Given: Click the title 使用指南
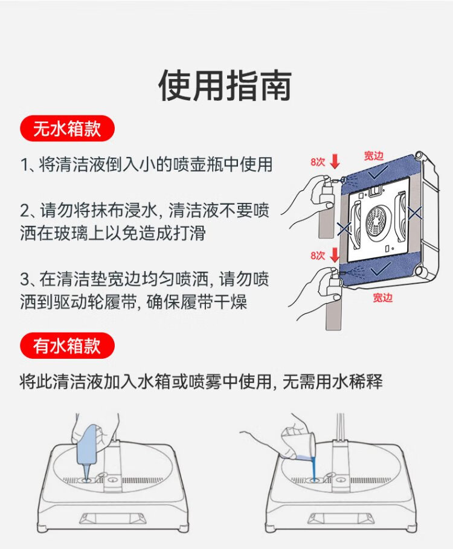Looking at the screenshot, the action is coord(225,85).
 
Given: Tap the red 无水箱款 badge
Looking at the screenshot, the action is coord(67,129).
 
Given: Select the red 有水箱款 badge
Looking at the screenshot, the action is coord(67,346).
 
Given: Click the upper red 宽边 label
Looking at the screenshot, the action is coord(374,156).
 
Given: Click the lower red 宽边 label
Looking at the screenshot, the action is coord(383,298).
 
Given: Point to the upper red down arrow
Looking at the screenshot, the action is coord(335,161).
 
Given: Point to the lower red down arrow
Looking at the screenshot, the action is coord(335,255).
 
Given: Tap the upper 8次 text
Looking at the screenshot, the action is coord(318,162).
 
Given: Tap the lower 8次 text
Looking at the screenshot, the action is coord(318,255).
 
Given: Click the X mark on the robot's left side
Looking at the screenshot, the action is coord(344,228).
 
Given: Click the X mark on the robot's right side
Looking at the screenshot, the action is coord(415,213).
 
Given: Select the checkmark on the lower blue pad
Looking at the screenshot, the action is coord(380,269).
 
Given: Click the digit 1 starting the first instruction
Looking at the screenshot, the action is coord(24,165).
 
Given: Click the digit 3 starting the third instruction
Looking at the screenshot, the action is coord(25,280).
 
